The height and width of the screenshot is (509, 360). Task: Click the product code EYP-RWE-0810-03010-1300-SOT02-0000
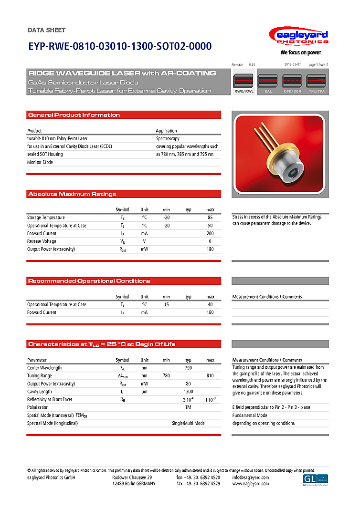pos(119,47)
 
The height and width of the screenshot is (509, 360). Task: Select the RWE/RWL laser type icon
pos(244,83)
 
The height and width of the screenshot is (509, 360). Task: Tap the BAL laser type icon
pos(268,83)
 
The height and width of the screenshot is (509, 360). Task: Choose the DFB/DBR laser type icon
pos(292,83)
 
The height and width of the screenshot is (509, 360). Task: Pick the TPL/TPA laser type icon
pos(317,83)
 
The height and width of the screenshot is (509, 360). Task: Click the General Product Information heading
pos(74,115)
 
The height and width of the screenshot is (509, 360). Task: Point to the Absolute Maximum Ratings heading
pos(72,194)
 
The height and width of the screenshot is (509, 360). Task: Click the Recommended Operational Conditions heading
pos(89,281)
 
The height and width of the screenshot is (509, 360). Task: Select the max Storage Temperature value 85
pos(210,218)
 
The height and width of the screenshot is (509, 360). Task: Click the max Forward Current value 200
pos(210,233)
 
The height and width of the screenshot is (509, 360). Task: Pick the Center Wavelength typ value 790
pos(188,368)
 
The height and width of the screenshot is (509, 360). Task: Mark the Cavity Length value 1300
pos(188,392)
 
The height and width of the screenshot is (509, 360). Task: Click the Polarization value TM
pos(188,407)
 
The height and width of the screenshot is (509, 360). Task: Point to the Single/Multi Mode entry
pos(188,423)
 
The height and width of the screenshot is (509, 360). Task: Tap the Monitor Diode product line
pos(40,162)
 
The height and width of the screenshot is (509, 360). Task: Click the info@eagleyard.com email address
pos(250,478)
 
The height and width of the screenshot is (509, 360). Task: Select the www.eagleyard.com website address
pos(250,484)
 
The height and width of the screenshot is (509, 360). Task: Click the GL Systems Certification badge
pos(316,479)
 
